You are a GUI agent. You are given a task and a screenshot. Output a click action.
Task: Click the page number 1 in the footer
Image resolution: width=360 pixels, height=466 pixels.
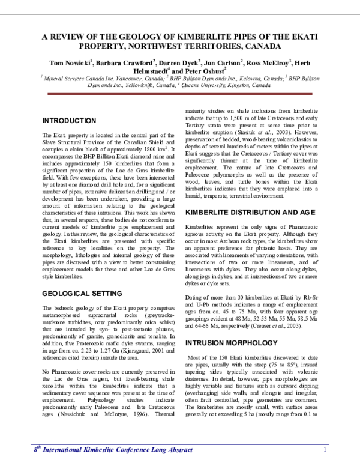[324, 450]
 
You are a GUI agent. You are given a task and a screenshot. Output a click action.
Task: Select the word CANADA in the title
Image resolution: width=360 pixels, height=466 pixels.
[259, 46]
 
